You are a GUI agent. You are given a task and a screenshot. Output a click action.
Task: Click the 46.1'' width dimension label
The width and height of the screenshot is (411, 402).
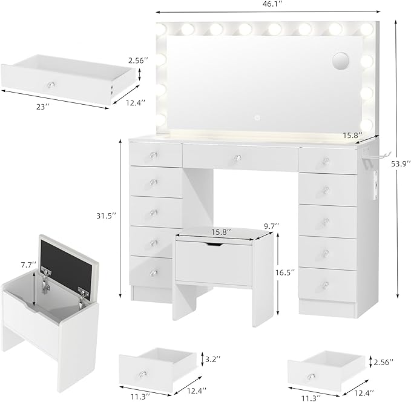pos(267,5)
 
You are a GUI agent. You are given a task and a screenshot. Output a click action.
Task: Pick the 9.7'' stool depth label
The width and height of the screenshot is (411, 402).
pos(272,226)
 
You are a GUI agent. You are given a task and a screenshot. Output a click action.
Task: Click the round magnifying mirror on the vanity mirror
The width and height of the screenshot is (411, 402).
pos(341,61)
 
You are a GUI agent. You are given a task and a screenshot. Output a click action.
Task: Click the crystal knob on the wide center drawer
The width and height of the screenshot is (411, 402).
pos(238,159)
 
